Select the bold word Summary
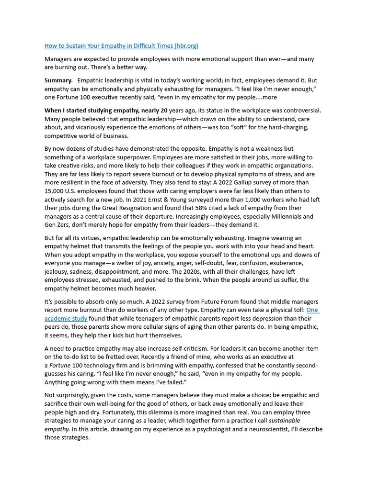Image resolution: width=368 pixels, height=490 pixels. pos(58,80)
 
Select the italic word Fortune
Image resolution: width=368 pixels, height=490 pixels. pos(61,366)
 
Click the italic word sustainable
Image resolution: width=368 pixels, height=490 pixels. pos(285,421)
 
